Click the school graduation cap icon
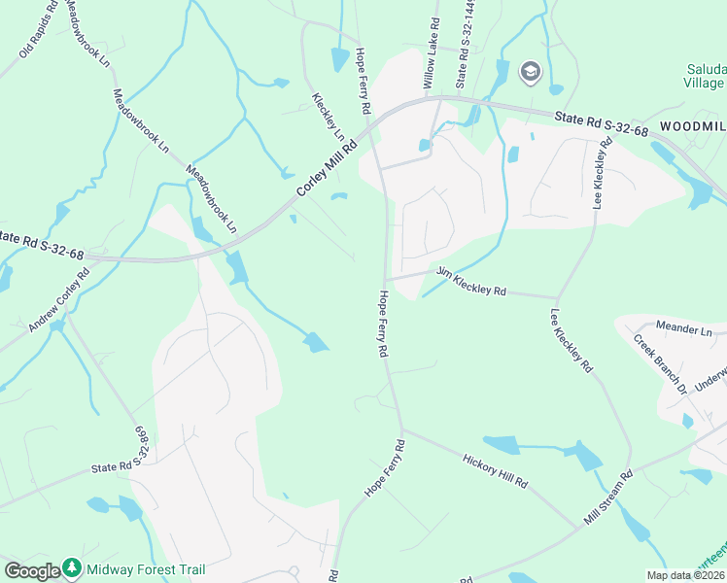pyautogui.click(x=530, y=72)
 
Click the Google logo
pyautogui.click(x=31, y=571)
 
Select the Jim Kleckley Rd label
pyautogui.click(x=472, y=283)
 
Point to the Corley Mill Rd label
pyautogui.click(x=328, y=167)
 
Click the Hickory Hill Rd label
pyautogui.click(x=495, y=469)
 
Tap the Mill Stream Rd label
pyautogui.click(x=609, y=497)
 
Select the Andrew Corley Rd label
pyautogui.click(x=59, y=298)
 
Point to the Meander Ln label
pyautogui.click(x=684, y=330)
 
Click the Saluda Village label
pyautogui.click(x=705, y=76)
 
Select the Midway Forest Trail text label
pyautogui.click(x=144, y=569)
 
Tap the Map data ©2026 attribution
pyautogui.click(x=685, y=575)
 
